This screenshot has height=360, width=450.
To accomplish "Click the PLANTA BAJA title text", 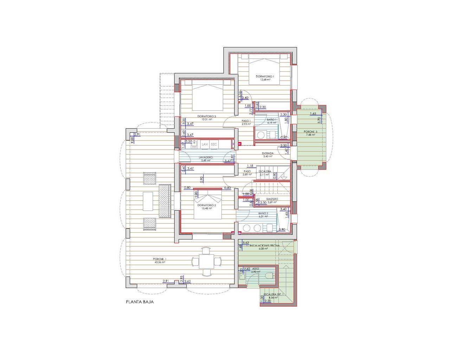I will click(140, 302).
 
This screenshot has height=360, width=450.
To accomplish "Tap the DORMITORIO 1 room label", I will click(265, 76).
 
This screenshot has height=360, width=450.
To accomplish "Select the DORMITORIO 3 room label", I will click(206, 116).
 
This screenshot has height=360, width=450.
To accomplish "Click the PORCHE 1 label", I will click(160, 259).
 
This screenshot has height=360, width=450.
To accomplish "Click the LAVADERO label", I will click(206, 157).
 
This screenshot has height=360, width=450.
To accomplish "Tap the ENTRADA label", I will click(268, 153).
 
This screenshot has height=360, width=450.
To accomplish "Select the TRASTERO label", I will click(272, 199).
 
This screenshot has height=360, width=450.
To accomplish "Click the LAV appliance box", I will click(205, 144).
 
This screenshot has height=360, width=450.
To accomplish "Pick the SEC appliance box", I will click(214, 144).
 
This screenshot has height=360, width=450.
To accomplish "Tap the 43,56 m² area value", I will click(160, 262).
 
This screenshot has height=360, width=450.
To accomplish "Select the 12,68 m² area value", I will click(265, 80).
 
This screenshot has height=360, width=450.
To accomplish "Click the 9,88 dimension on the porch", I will click(132, 139).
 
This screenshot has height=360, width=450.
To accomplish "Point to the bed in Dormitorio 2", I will click(207, 204).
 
